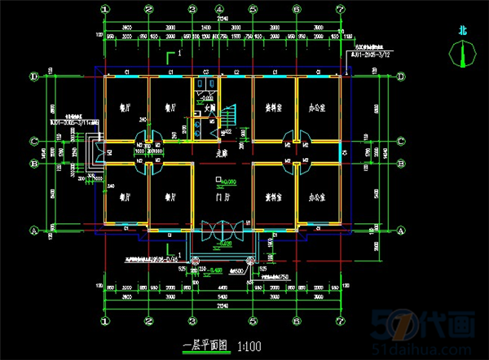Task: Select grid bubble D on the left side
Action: click(34, 77)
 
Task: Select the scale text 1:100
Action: click(249, 345)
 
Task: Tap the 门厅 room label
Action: click(218, 198)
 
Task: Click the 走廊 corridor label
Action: click(220, 151)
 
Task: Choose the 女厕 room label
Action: click(209, 106)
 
